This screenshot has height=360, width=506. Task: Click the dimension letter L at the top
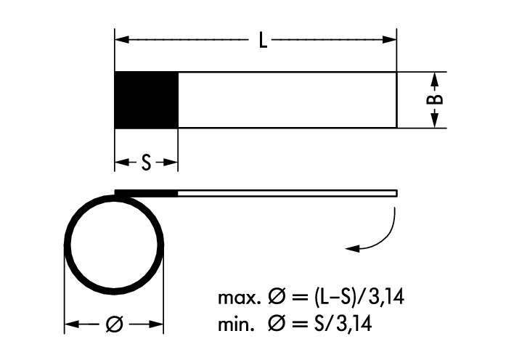click(263, 40)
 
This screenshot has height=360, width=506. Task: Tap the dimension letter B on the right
click(433, 100)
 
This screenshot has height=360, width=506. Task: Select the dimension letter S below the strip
click(146, 164)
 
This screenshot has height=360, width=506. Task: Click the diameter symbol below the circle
click(114, 325)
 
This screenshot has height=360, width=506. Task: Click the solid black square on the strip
click(147, 100)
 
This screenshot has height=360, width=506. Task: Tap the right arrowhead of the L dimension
click(391, 40)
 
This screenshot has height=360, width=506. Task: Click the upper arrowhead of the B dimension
click(433, 77)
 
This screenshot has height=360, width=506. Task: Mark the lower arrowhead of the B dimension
click(433, 122)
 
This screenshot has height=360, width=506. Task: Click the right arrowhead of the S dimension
click(172, 164)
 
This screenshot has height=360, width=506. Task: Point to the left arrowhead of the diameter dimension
click(71, 325)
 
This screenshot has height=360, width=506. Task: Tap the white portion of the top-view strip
click(287, 100)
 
